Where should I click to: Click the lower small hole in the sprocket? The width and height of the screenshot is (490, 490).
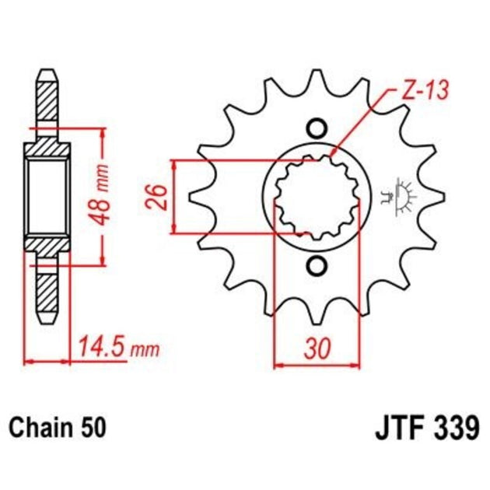coord(316,267)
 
